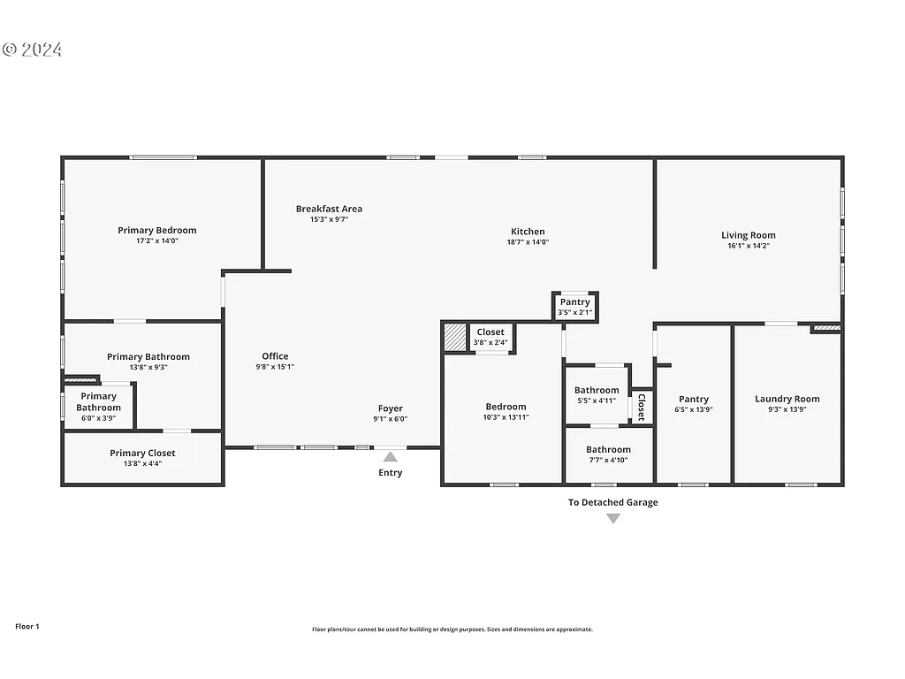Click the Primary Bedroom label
coord(157,231)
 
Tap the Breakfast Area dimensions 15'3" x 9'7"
coord(329,219)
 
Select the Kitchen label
coord(528,232)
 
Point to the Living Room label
coord(748,235)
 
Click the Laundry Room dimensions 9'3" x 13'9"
coord(787,410)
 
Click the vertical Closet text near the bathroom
coord(642,407)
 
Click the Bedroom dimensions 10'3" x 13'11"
coord(506,417)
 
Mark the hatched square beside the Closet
coord(454,337)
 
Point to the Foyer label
coord(390,408)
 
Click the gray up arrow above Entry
coord(390,456)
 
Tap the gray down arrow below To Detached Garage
coord(612,519)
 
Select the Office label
coord(275,356)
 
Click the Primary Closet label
coord(142,453)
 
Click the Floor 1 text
coord(27,626)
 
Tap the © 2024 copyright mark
coord(33,50)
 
